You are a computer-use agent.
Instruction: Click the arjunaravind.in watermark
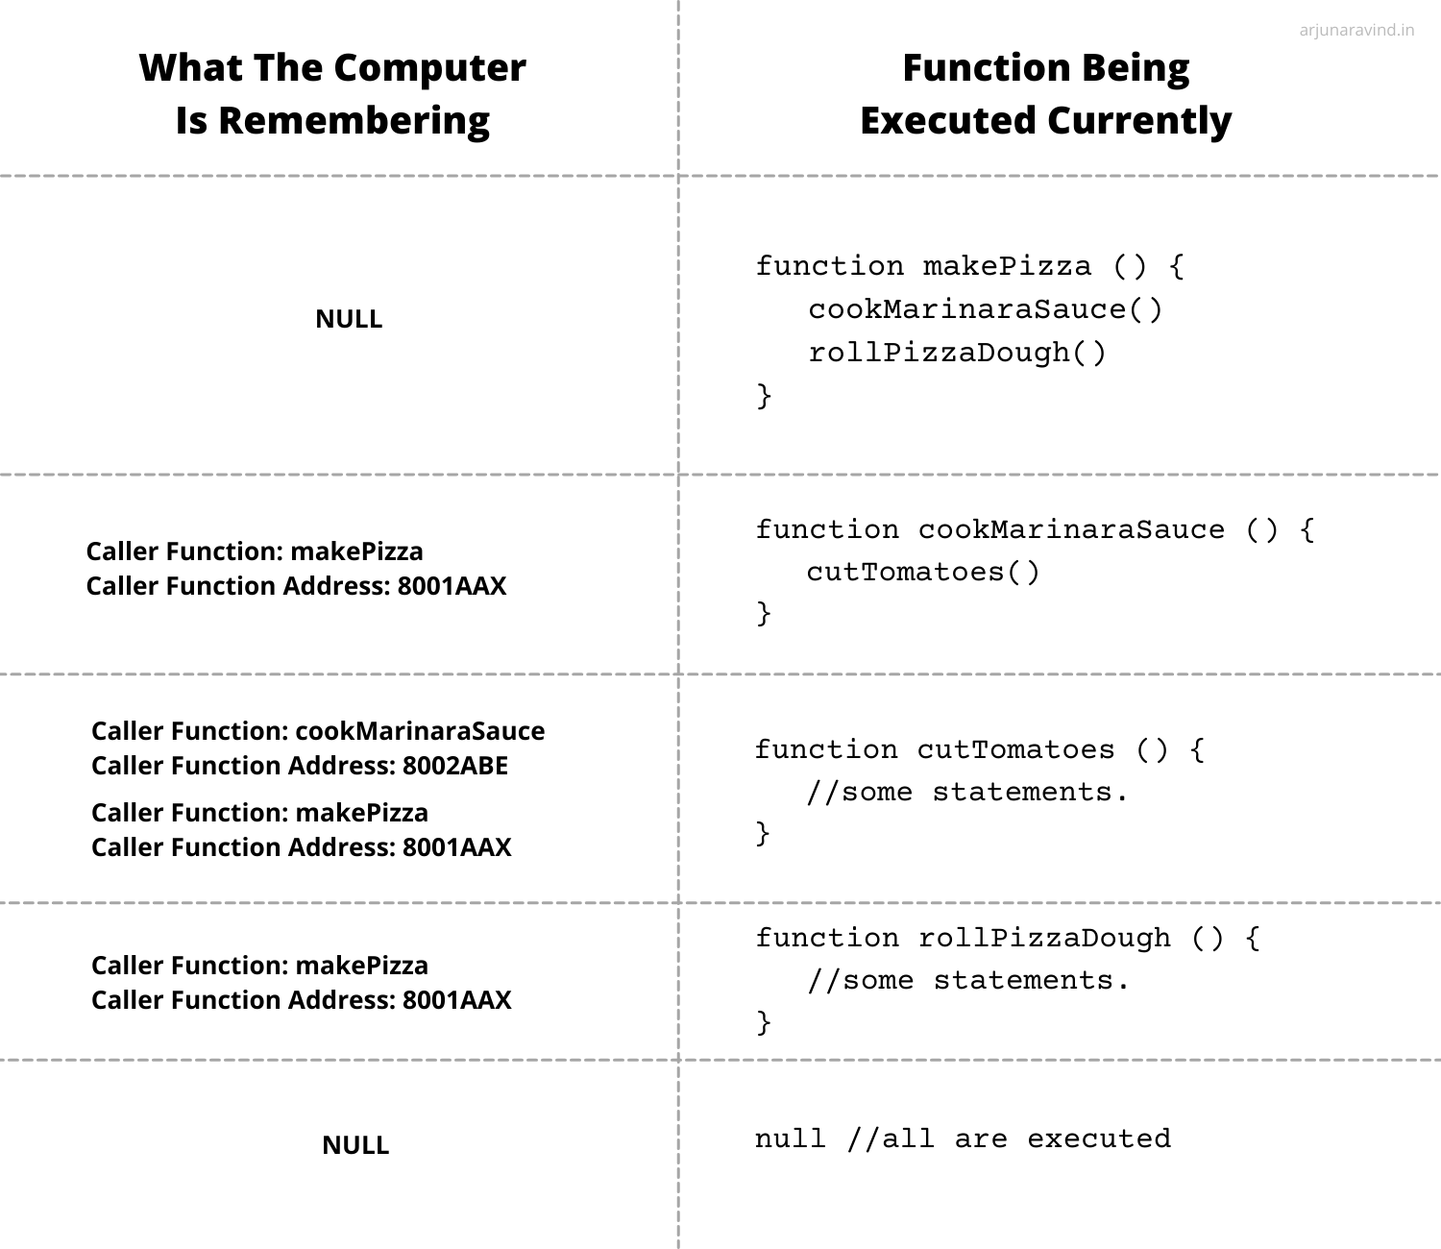tap(1356, 30)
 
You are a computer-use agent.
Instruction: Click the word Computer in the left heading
tap(429, 68)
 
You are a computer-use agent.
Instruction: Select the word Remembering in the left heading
tap(354, 121)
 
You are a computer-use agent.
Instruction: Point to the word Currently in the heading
tap(1139, 121)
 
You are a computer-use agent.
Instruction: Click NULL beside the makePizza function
tap(349, 319)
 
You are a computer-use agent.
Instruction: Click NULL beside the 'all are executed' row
tap(355, 1145)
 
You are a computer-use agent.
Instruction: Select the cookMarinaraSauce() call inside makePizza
tap(985, 309)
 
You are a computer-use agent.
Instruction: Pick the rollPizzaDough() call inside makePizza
tap(957, 353)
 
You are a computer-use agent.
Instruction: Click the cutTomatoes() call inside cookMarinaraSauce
tap(923, 572)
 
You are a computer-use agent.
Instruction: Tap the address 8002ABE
tap(455, 766)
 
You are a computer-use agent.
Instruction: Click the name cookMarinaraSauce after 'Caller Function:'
tap(421, 731)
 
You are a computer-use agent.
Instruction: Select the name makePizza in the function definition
tap(1008, 266)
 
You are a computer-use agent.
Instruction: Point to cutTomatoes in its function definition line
tap(1015, 749)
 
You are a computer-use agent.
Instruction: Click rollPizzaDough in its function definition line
tap(1044, 938)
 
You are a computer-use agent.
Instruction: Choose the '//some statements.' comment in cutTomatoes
tap(967, 793)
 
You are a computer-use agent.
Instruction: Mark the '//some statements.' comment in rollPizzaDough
tap(968, 981)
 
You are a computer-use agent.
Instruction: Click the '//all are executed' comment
tap(1009, 1139)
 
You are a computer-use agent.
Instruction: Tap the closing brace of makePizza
tap(764, 396)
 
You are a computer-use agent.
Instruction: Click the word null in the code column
tap(790, 1139)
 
